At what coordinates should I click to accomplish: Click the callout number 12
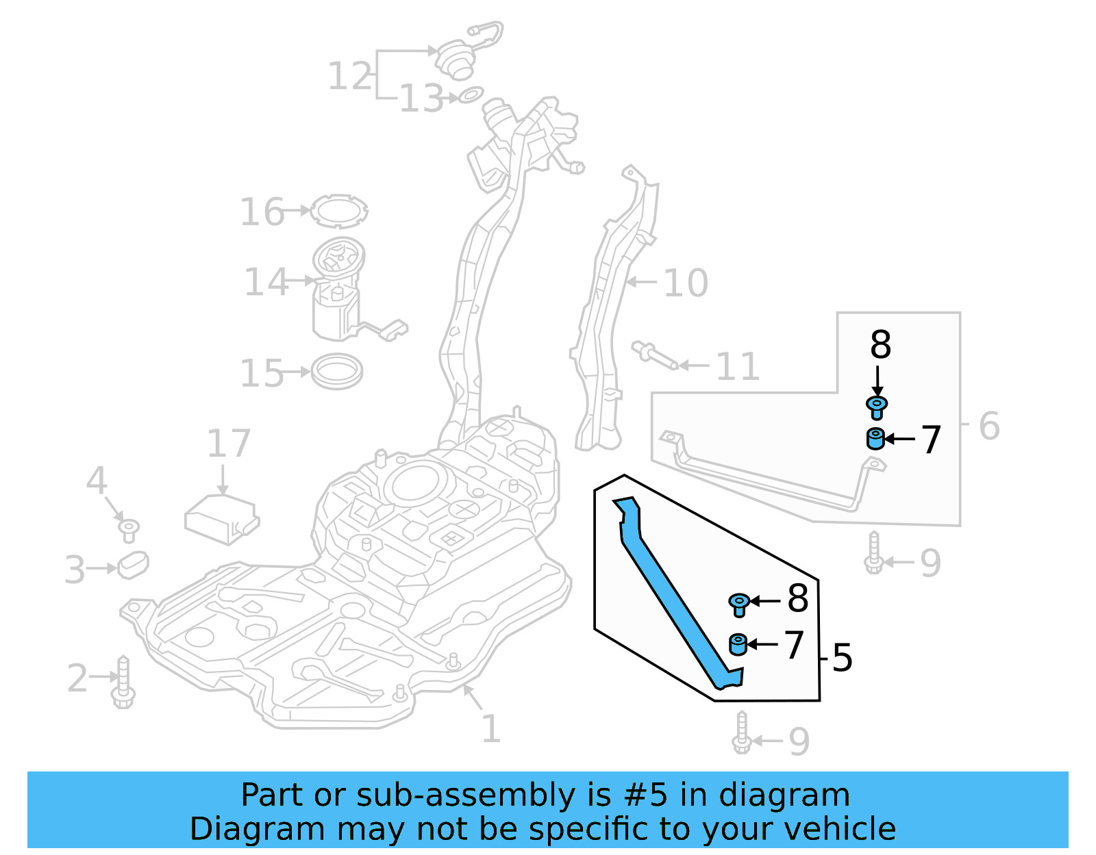point(350,76)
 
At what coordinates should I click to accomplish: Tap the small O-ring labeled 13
point(471,94)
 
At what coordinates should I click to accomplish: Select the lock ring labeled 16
point(338,211)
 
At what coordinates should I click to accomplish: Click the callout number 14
point(266,282)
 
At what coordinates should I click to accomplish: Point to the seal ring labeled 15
point(336,372)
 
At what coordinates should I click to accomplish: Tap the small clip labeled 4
point(129,529)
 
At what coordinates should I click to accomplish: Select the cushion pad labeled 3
point(134,565)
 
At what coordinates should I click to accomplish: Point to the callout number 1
point(490,728)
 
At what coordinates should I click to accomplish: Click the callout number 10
point(686,283)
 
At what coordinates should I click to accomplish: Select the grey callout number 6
point(988,426)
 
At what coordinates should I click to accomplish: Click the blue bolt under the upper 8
point(877,407)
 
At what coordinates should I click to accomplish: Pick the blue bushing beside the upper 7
point(875,438)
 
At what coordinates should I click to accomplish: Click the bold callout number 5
point(842,658)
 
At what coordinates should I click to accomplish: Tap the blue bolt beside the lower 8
point(739,604)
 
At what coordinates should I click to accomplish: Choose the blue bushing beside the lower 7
point(738,645)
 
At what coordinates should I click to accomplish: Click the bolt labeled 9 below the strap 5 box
point(742,734)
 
